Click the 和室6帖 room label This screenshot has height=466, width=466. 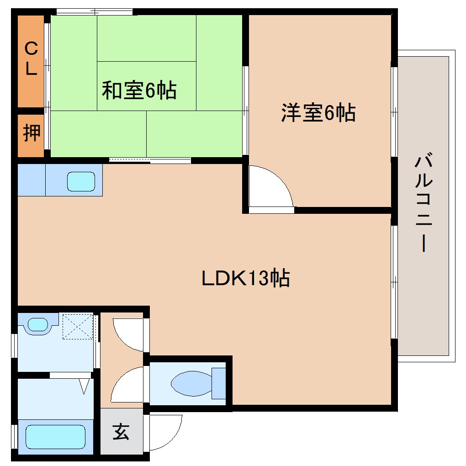tap(139, 90)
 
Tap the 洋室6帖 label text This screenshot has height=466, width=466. tap(318, 112)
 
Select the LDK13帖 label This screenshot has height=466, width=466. tap(246, 277)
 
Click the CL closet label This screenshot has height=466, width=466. tap(31, 58)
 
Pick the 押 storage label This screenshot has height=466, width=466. tap(31, 133)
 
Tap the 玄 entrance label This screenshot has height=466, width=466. tap(121, 432)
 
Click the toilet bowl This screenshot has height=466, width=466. tap(191, 383)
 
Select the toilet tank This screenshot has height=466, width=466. tap(219, 383)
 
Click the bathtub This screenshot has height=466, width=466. tap(55, 436)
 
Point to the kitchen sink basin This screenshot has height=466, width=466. tap(81, 181)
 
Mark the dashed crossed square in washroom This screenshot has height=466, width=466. tap(77, 326)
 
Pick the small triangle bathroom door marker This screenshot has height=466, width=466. tap(84, 387)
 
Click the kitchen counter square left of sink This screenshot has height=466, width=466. tap(32, 180)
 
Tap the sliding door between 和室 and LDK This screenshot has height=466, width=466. tap(150, 160)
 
